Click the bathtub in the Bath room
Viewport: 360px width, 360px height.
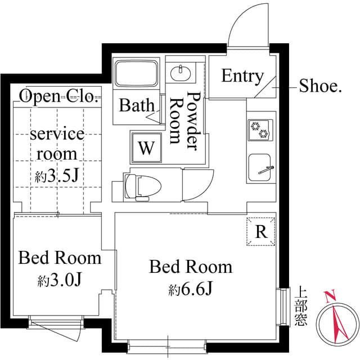(x=137, y=73)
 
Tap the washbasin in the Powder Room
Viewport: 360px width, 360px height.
(x=181, y=73)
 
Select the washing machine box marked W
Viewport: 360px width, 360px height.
(x=146, y=147)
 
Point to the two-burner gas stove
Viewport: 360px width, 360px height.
(x=260, y=130)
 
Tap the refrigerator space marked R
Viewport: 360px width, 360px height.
(x=261, y=231)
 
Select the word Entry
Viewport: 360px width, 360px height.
(x=242, y=76)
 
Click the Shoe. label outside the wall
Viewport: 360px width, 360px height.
(x=320, y=86)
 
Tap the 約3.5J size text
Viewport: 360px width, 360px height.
(x=57, y=176)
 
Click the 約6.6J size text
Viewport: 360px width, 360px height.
(x=190, y=289)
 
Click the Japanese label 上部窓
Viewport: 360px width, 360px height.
(x=301, y=305)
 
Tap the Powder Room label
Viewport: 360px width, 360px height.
(x=185, y=121)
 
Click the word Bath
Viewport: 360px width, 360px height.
(x=137, y=105)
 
